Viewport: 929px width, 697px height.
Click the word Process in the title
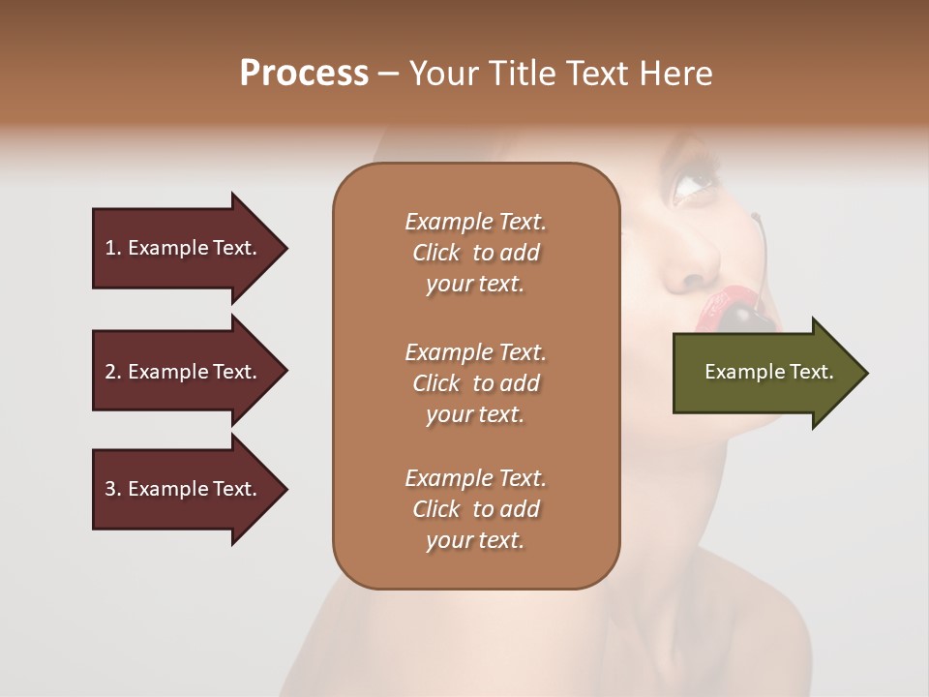click(x=304, y=74)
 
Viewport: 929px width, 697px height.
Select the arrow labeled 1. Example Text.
click(x=184, y=248)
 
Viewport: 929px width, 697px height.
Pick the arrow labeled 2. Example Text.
click(x=184, y=372)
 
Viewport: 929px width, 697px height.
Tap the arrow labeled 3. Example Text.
click(x=184, y=489)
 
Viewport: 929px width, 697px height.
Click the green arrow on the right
click(x=764, y=372)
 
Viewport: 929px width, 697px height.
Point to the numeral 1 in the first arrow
click(x=109, y=248)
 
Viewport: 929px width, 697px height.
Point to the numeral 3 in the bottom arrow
click(x=109, y=489)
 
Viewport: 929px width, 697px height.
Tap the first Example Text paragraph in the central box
click(x=475, y=253)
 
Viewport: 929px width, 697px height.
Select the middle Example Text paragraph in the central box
click(x=475, y=382)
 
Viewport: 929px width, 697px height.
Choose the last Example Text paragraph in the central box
click(x=475, y=509)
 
